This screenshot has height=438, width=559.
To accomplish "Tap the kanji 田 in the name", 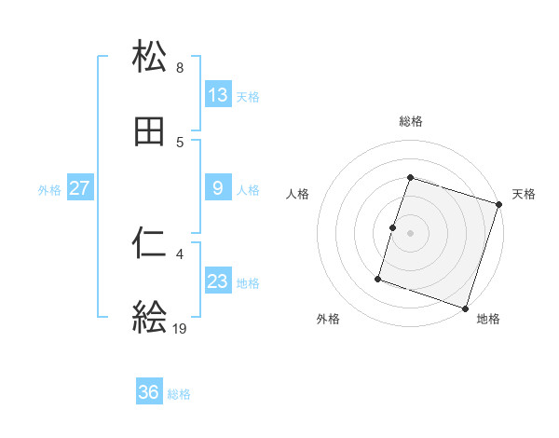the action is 150,132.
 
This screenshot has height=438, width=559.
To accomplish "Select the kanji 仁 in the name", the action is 150,243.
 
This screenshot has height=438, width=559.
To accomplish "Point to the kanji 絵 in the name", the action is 150,317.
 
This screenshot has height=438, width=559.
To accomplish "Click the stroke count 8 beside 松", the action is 180,68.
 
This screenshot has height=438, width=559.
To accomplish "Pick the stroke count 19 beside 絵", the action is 180,328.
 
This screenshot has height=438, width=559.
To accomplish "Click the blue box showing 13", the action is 218,95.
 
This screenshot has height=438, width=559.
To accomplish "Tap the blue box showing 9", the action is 218,188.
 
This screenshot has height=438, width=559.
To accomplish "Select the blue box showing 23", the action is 218,281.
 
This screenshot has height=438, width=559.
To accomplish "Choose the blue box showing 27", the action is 80,188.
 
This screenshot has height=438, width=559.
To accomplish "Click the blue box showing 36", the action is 149,392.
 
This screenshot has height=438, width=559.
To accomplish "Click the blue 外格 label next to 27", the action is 49,190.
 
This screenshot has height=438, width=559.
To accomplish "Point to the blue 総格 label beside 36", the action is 179,394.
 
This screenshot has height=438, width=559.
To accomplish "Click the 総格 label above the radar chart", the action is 411,121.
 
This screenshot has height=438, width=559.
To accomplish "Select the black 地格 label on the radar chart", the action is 488,320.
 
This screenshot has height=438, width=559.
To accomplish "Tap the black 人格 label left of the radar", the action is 298,195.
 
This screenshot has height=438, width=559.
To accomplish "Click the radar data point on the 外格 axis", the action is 378,278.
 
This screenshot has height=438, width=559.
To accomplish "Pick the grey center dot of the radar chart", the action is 411,232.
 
